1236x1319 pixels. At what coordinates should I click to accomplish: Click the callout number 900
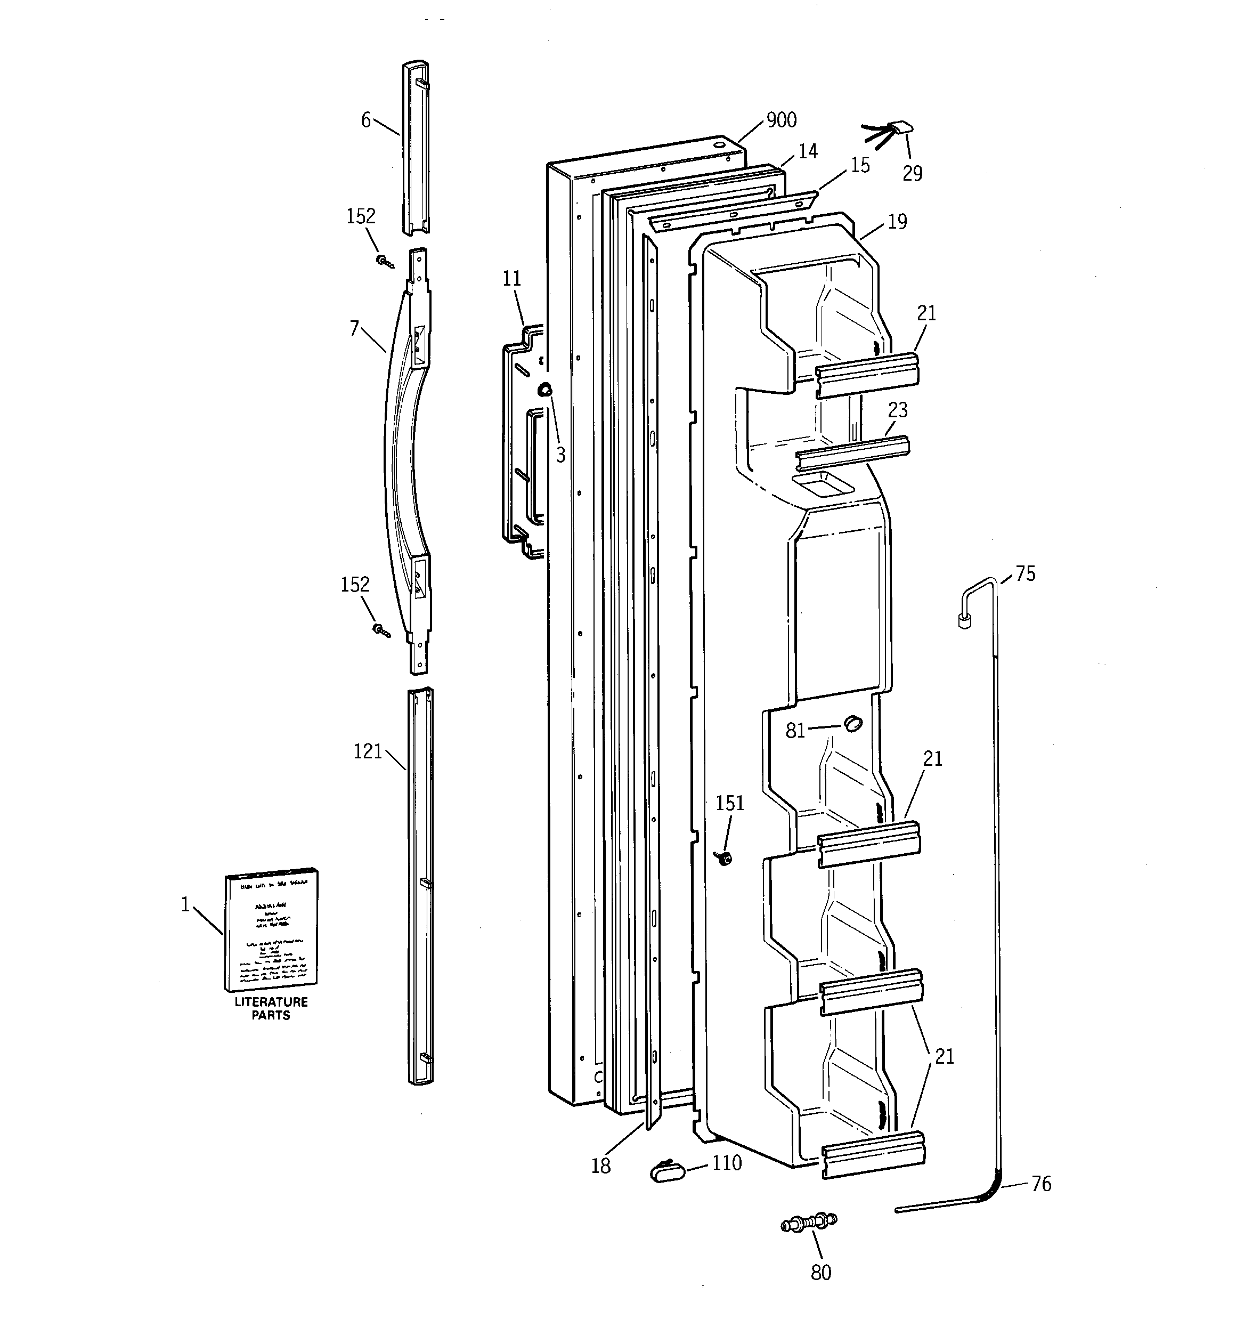pyautogui.click(x=781, y=120)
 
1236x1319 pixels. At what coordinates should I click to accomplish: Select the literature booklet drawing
pyautogui.click(x=271, y=929)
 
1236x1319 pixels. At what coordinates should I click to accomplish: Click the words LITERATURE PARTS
pyautogui.click(x=271, y=1008)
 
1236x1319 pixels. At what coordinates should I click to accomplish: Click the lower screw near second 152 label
pyautogui.click(x=381, y=631)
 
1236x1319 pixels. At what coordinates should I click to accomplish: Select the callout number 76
pyautogui.click(x=1041, y=1184)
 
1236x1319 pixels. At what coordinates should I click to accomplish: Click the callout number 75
pyautogui.click(x=1025, y=574)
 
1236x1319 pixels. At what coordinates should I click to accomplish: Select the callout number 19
pyautogui.click(x=897, y=222)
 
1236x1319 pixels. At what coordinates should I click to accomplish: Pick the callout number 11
pyautogui.click(x=511, y=279)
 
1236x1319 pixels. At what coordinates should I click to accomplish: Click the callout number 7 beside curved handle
pyautogui.click(x=355, y=328)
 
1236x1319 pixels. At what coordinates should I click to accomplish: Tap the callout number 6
pyautogui.click(x=365, y=120)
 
